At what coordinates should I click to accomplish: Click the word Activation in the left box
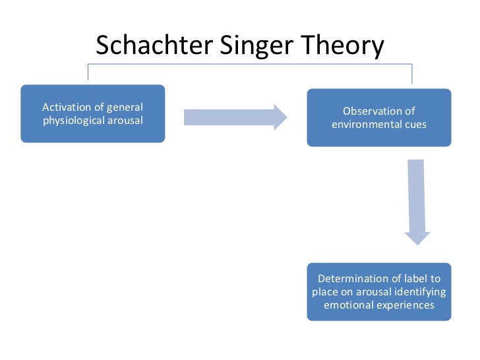pyautogui.click(x=65, y=107)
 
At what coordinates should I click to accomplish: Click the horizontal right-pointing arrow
pyautogui.click(x=235, y=117)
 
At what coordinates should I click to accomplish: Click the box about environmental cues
pyautogui.click(x=379, y=117)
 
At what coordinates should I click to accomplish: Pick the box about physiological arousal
pyautogui.click(x=92, y=113)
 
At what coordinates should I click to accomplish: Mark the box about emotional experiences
pyautogui.click(x=379, y=291)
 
